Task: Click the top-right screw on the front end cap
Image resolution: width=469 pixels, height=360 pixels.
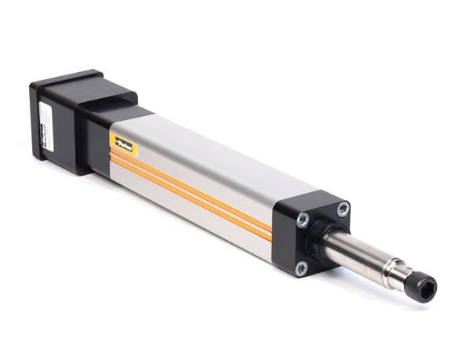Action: tap(344, 209)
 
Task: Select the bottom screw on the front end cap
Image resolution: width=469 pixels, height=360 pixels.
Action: tap(300, 269)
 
